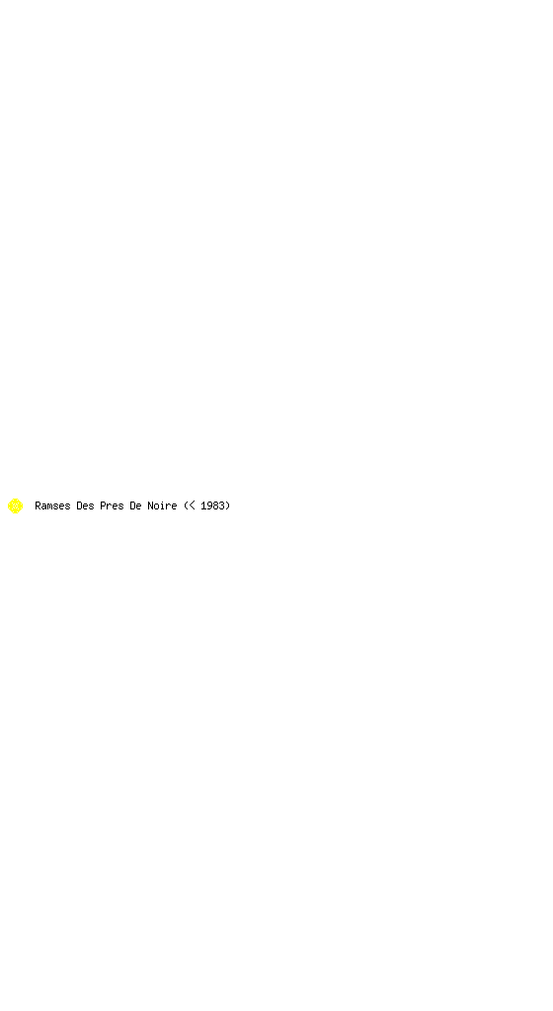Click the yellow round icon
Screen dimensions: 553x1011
15,506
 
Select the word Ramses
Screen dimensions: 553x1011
52,506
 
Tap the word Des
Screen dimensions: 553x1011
85,506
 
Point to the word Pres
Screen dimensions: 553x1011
112,506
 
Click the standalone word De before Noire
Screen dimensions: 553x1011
135,506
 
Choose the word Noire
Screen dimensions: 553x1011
162,506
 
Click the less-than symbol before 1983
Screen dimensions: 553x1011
192,506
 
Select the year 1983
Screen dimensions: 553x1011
212,506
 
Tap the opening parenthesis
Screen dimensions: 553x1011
186,506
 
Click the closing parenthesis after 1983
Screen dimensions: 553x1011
227,506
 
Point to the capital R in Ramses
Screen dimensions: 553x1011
39,506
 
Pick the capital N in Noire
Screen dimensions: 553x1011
150,506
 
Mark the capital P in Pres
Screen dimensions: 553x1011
103,506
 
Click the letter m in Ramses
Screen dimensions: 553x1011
49,507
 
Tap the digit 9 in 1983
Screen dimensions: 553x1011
209,506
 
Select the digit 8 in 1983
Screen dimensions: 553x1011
215,506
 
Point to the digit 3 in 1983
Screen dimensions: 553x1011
221,506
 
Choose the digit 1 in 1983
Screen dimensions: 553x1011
203,506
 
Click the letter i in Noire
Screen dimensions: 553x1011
162,506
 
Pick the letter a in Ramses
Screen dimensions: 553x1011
43,507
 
